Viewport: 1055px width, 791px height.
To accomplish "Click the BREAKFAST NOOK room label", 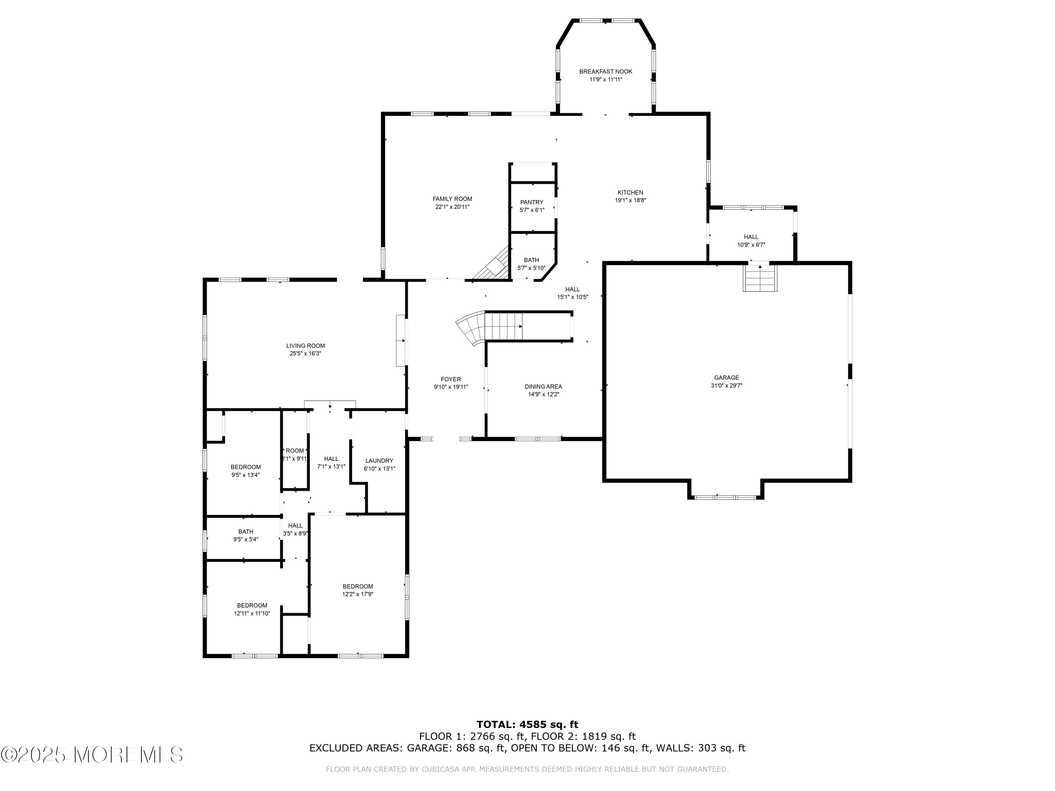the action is point(606,71).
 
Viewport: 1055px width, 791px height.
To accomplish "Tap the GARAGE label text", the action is point(727,378).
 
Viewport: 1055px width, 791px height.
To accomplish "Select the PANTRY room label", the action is point(532,202).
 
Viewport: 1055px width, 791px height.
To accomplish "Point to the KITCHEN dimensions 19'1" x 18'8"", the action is point(631,200).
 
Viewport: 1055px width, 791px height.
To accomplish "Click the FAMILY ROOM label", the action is point(452,199).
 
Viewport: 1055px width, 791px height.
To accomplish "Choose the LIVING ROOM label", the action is point(306,346).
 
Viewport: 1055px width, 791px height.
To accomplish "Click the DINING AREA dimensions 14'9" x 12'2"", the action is point(543,394).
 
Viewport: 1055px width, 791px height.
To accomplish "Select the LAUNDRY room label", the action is point(379,461).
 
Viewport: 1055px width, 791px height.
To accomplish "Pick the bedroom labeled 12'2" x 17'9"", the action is point(358,590).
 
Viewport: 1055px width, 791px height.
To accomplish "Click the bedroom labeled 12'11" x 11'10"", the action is point(252,609).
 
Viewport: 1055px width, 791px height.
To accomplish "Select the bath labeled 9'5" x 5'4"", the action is point(245,535).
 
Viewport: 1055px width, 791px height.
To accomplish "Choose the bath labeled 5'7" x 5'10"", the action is point(531,264).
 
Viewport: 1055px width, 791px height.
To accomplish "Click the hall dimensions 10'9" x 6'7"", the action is point(751,245).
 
